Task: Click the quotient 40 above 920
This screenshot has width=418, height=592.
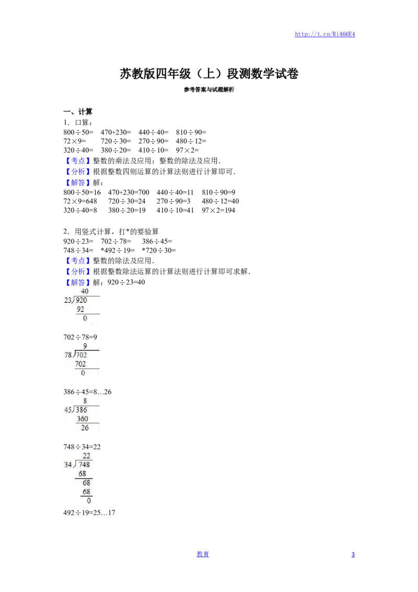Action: [85, 291]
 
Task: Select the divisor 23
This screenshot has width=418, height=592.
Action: [68, 300]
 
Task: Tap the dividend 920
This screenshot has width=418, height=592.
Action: [82, 300]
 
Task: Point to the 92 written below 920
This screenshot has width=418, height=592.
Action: [80, 310]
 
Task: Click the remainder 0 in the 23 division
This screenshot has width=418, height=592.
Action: [85, 318]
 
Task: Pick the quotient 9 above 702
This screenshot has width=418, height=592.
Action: [85, 346]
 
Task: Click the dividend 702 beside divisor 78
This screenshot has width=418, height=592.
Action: [82, 355]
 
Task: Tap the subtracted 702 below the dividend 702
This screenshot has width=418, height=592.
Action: [81, 364]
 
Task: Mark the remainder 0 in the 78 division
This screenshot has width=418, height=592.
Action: [83, 373]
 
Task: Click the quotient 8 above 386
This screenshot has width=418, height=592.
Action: [85, 401]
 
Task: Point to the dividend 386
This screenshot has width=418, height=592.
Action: [82, 410]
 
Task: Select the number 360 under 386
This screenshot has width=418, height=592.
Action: [82, 419]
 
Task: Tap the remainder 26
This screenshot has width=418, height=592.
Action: [85, 428]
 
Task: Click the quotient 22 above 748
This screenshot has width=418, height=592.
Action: [87, 456]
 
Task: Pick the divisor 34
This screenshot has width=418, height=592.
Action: [68, 465]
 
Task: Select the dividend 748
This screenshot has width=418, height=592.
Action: [84, 465]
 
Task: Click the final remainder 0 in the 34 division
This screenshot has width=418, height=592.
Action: [89, 501]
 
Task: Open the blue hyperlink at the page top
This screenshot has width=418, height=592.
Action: [325, 35]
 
